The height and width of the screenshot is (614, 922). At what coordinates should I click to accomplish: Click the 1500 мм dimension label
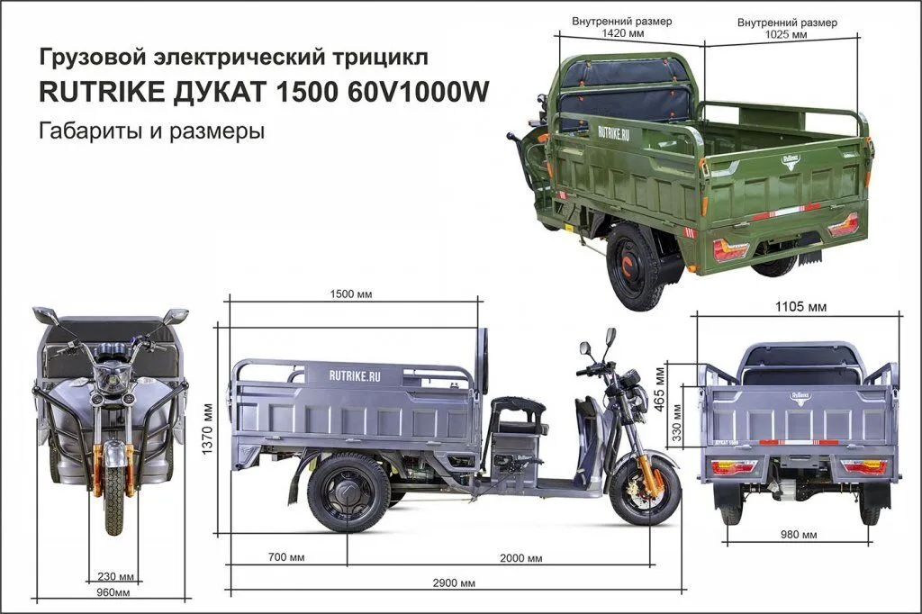[x=351, y=294]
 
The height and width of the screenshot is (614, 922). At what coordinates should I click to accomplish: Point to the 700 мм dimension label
[x=286, y=557]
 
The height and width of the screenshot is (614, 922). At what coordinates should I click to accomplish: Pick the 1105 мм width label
[x=800, y=306]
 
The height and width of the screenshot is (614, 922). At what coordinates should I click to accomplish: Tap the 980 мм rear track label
[x=799, y=535]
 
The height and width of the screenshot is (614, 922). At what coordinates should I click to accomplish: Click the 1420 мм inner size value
[x=621, y=33]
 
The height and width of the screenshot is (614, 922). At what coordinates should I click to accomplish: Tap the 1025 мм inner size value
[x=786, y=34]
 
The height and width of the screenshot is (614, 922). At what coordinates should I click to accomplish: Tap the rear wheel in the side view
[x=348, y=492]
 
